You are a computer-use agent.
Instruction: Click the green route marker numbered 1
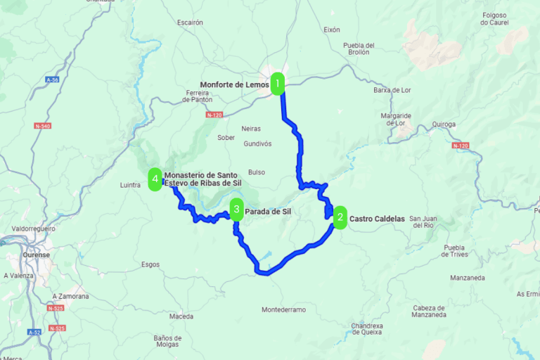[278, 84]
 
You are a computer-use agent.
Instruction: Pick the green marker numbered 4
[155, 179]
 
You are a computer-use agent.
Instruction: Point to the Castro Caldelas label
[377, 219]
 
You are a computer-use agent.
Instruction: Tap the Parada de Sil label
[268, 211]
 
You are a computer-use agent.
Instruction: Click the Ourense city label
[35, 255]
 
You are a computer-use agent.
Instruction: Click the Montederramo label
[283, 310]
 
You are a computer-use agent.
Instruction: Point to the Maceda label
[181, 316]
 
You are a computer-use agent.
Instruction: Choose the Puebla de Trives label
[455, 251]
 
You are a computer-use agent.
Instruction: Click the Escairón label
[190, 22]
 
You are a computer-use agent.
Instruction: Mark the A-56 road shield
[51, 80]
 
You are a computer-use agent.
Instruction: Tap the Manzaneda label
[470, 278]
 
